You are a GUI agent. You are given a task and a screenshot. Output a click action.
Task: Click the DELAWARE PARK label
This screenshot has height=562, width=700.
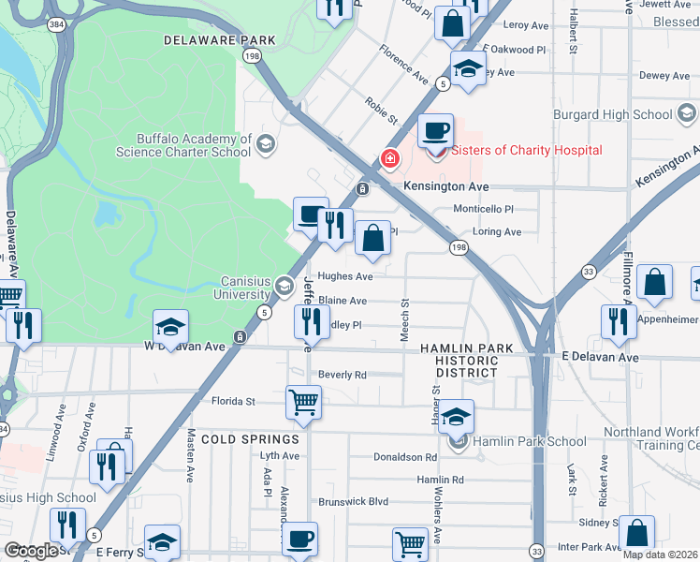[x=220, y=40]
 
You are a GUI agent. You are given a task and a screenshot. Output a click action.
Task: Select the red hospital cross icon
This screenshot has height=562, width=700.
[x=388, y=160]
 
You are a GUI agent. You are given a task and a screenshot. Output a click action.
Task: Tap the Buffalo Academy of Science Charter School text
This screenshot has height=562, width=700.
[x=183, y=144]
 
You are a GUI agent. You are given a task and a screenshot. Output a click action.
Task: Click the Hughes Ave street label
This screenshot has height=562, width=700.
[x=345, y=276]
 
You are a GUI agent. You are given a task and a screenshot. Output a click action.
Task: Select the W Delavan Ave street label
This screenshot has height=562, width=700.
[x=184, y=347]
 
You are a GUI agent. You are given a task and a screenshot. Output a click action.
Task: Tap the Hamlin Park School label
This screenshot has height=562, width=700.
[x=530, y=441]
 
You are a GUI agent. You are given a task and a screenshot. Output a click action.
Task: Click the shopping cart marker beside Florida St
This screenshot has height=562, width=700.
[x=303, y=403]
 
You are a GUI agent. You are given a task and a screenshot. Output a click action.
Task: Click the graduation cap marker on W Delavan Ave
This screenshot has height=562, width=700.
[x=170, y=327]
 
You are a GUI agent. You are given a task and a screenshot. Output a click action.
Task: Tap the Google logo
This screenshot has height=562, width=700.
[x=31, y=551]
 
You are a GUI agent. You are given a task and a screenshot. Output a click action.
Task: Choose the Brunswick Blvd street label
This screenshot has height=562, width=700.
[x=352, y=502]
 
